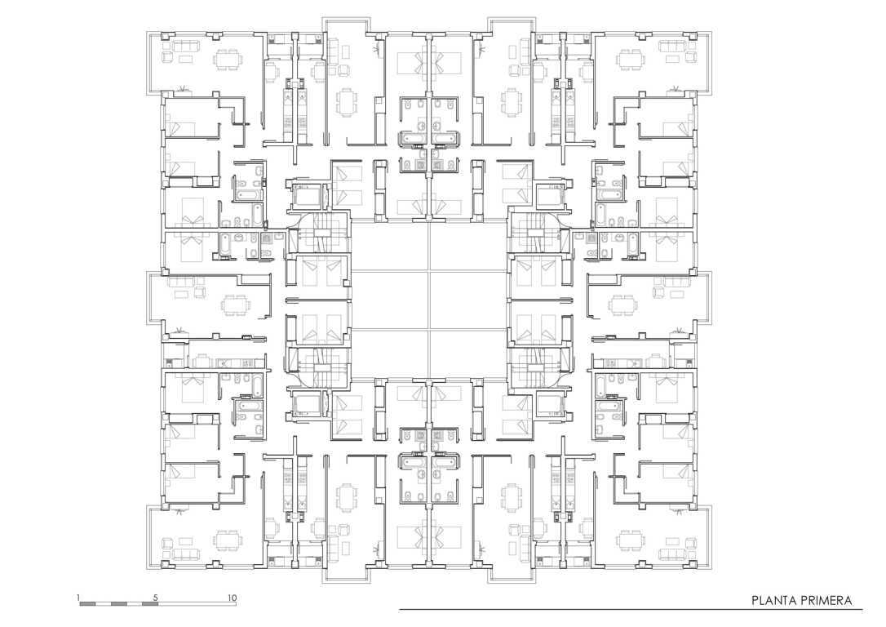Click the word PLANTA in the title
tap(773, 600)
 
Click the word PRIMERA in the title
tap(826, 600)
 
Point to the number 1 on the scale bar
tap(78, 598)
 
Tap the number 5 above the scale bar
tap(156, 598)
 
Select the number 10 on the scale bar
tap(232, 598)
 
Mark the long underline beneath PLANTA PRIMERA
tap(631, 610)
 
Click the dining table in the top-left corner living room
tap(229, 58)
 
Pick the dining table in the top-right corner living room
tap(631, 58)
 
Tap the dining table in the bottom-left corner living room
tap(229, 541)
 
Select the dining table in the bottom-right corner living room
tap(631, 541)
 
